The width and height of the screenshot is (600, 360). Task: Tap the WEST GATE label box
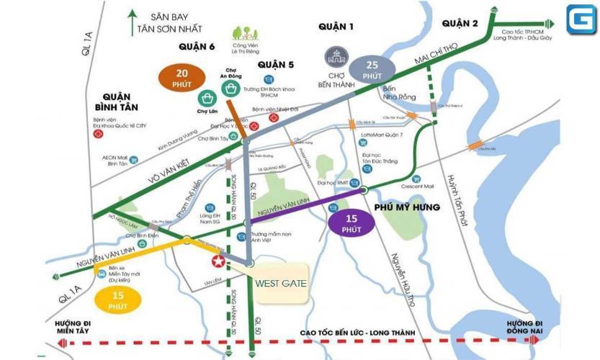click(x=281, y=283)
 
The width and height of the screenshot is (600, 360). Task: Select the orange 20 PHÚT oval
click(x=182, y=78)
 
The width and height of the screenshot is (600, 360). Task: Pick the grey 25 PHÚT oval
click(x=372, y=70)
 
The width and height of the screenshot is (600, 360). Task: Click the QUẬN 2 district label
click(x=460, y=24)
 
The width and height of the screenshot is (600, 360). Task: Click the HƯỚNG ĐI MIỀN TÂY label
click(x=76, y=326)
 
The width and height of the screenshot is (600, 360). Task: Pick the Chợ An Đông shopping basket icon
click(x=232, y=89)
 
